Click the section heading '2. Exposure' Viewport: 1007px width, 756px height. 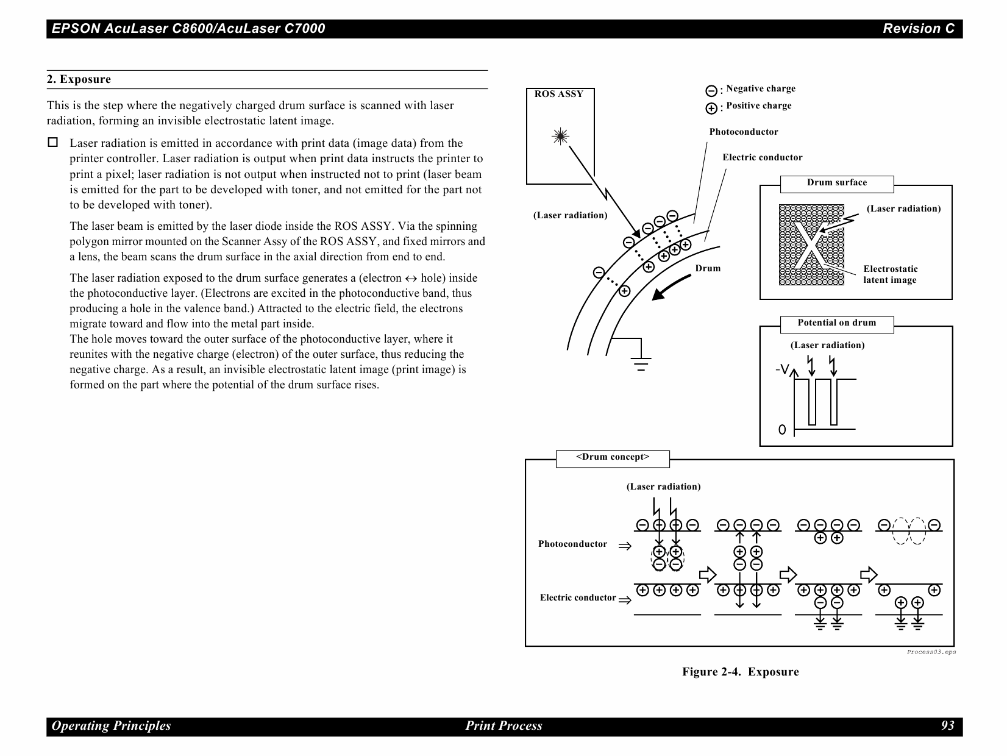[79, 79]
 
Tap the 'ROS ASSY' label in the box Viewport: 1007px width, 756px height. [558, 94]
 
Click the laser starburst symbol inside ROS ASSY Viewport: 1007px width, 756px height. [560, 137]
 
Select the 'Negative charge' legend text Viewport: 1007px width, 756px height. [760, 88]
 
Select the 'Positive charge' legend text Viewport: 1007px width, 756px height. [758, 105]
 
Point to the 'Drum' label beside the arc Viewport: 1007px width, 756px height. [708, 268]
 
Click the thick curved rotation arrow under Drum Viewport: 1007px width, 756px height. [674, 287]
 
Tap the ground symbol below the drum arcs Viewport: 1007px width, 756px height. [641, 361]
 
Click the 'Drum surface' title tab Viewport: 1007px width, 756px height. [836, 183]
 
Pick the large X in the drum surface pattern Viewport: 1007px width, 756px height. [811, 245]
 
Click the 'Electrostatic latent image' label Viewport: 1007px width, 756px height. [890, 274]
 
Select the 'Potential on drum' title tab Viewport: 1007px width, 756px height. [836, 323]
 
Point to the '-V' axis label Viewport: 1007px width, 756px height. [782, 369]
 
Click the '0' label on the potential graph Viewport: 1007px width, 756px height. [782, 430]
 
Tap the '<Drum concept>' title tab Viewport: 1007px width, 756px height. [613, 457]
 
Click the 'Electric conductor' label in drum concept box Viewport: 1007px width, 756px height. [578, 597]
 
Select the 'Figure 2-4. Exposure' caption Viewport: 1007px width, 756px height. [740, 672]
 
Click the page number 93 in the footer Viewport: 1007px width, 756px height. [947, 726]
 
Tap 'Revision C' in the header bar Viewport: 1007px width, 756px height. [919, 29]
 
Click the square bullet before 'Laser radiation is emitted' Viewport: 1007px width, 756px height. [53, 143]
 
